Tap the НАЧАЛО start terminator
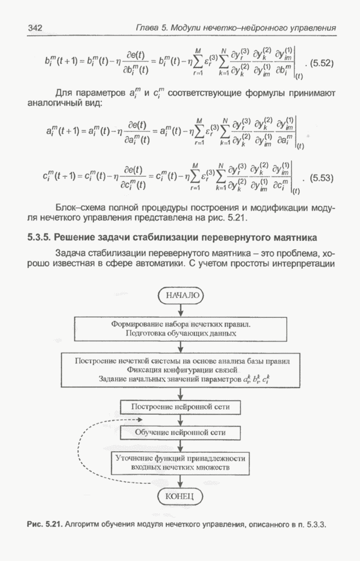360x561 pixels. coord(181,295)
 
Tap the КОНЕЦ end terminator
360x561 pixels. coord(180,497)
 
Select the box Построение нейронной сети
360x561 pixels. coord(180,407)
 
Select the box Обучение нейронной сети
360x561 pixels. coord(180,432)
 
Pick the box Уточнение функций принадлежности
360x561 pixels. coord(180,463)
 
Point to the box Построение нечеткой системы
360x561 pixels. coord(180,369)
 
